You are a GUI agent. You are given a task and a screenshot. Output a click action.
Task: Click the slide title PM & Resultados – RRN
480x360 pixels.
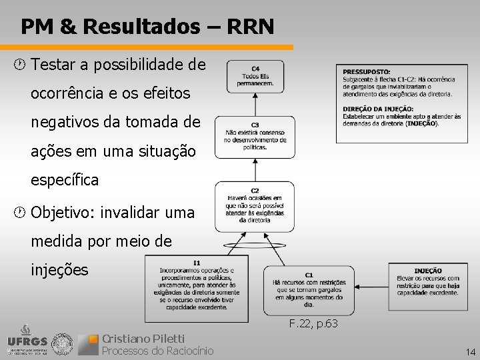coord(147,27)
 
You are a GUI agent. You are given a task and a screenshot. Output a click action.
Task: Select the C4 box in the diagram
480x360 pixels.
coord(255,77)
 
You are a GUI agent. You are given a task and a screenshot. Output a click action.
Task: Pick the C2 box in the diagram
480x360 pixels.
coord(255,204)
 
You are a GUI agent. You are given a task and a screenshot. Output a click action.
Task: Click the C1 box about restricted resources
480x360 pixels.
coord(309,291)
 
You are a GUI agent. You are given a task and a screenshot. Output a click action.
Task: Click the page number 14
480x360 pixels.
coord(471,351)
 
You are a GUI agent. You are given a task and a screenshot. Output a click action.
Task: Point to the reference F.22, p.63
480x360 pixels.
coord(313,324)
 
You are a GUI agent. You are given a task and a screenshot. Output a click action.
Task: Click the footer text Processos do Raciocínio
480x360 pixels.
coord(157,351)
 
